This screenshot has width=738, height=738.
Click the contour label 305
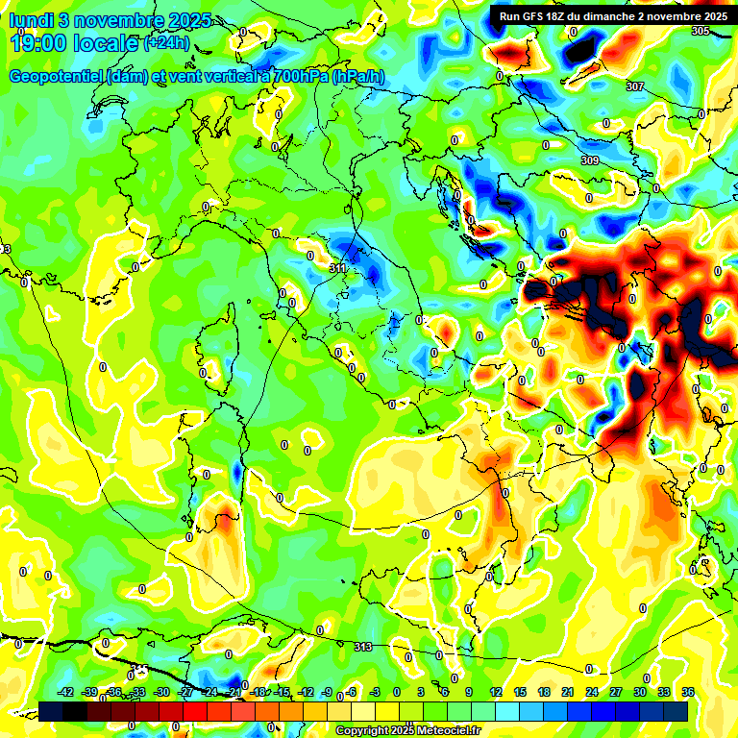click(x=700, y=32)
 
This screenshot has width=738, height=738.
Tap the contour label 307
click(x=634, y=87)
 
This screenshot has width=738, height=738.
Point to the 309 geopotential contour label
click(x=590, y=160)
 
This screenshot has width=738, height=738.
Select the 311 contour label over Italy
click(x=337, y=268)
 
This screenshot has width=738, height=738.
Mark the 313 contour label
click(x=362, y=648)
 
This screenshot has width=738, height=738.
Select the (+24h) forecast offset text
click(x=166, y=42)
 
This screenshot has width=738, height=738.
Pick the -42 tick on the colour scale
click(x=65, y=693)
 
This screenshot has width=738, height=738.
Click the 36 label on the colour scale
click(x=687, y=693)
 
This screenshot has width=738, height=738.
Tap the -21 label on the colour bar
click(x=234, y=693)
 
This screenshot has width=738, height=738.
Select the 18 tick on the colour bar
click(x=543, y=693)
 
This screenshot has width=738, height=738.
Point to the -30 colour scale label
click(x=161, y=693)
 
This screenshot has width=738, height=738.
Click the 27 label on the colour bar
click(x=615, y=693)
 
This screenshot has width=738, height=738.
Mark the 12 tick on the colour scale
click(x=495, y=693)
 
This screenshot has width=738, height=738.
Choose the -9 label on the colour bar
click(x=328, y=693)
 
